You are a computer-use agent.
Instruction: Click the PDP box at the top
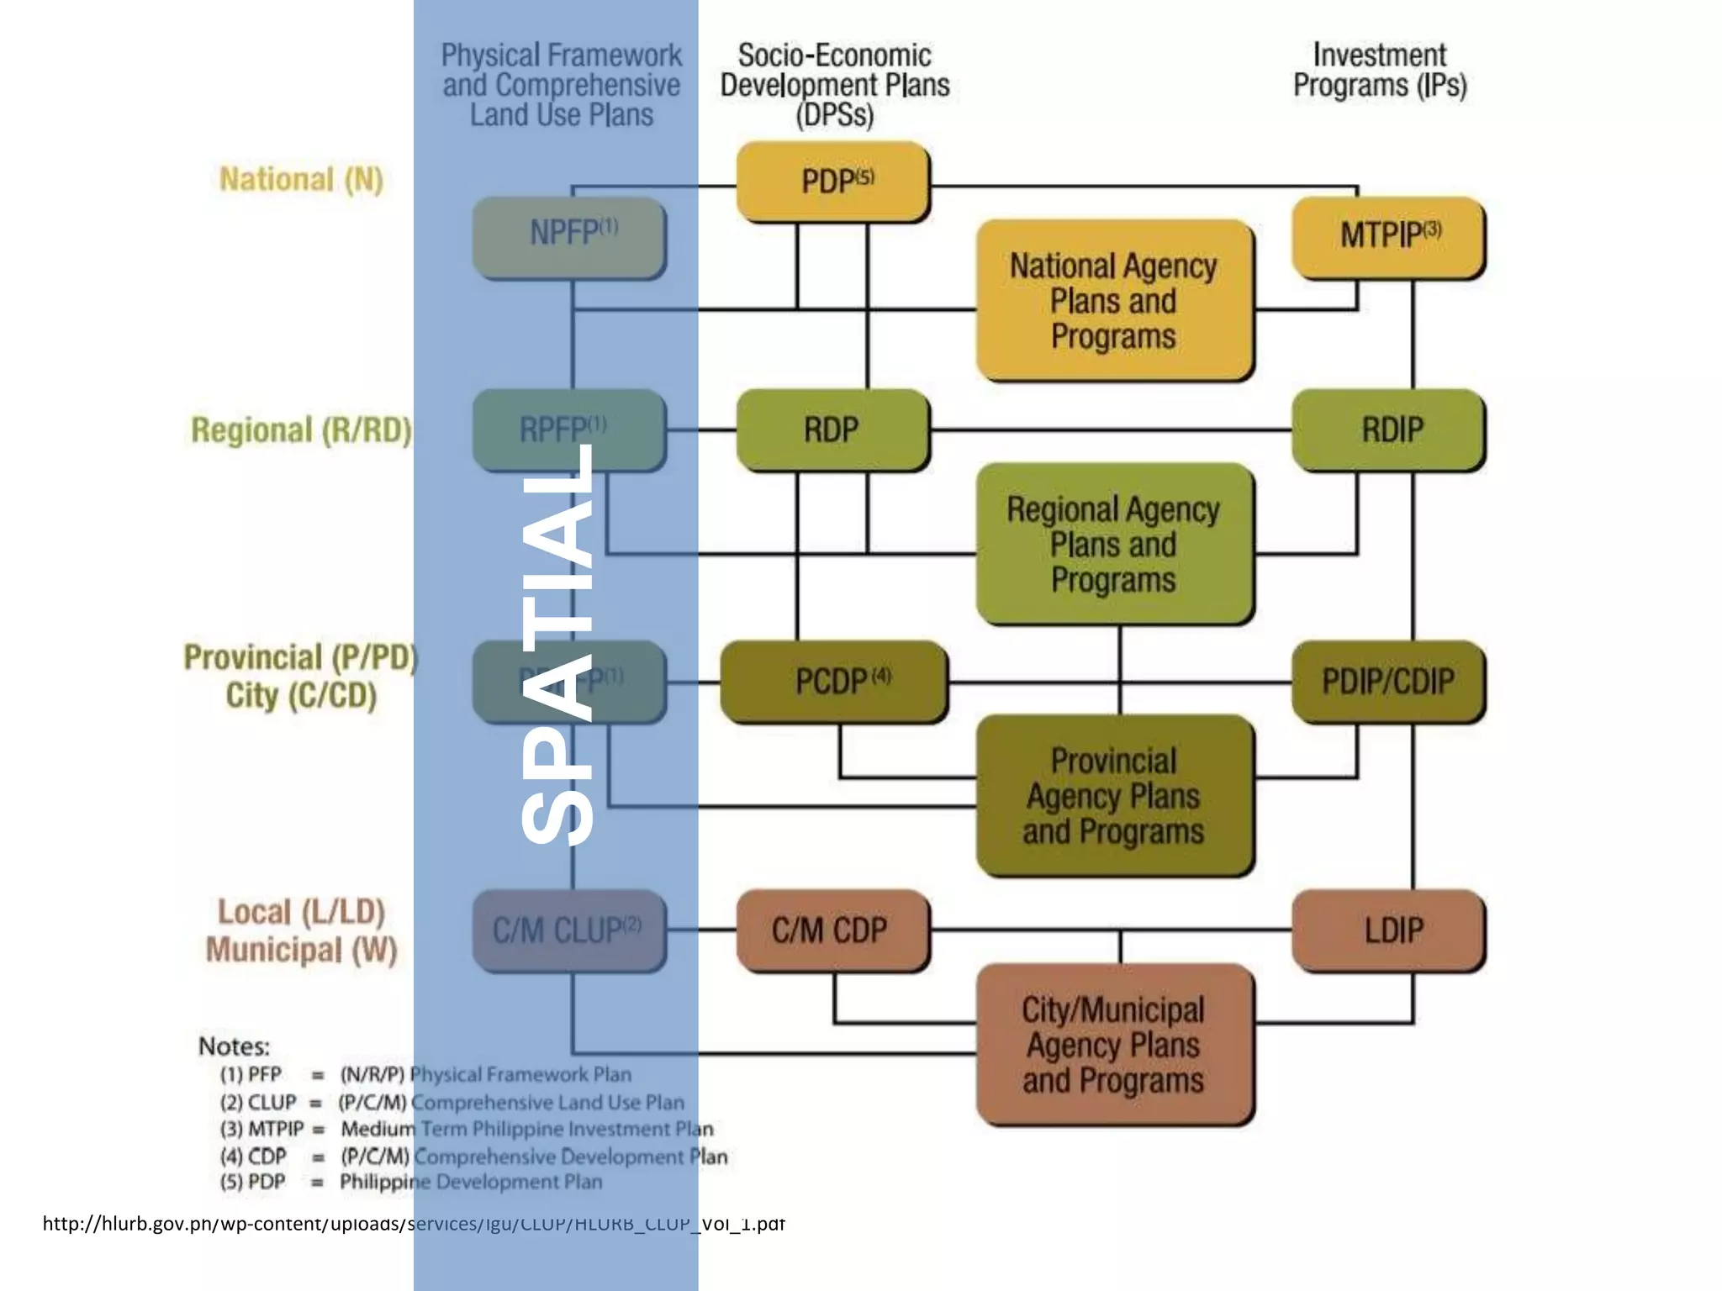point(833,182)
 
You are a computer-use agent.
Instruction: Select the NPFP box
point(569,236)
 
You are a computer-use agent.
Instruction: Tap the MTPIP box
point(1388,236)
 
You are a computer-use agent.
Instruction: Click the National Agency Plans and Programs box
point(1114,300)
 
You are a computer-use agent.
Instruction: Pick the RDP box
point(833,429)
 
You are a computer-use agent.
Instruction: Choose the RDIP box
point(1388,429)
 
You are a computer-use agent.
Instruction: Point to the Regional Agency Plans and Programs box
point(1114,544)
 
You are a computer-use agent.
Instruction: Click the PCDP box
point(833,681)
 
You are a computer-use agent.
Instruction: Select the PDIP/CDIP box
point(1388,681)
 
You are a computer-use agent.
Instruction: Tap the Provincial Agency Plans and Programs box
point(1114,795)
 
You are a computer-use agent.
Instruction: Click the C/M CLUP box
point(569,931)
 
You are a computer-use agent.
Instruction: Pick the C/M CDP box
point(833,931)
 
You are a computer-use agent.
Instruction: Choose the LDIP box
point(1388,931)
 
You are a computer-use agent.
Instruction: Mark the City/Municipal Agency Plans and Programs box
point(1114,1045)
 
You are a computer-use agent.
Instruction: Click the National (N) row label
point(301,180)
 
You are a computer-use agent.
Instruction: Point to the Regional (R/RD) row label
point(301,430)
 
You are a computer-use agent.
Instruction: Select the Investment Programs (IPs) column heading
point(1380,71)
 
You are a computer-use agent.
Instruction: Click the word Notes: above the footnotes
point(234,1046)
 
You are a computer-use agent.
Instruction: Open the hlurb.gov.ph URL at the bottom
point(413,1224)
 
